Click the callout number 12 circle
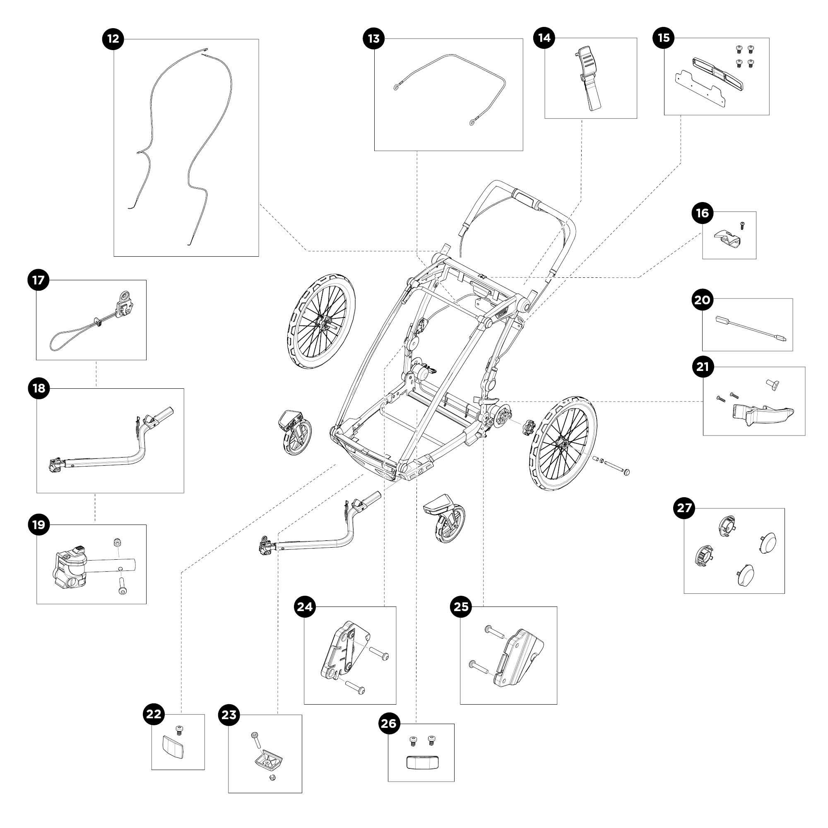tap(113, 39)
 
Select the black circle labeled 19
tap(39, 525)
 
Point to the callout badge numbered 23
tap(229, 715)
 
